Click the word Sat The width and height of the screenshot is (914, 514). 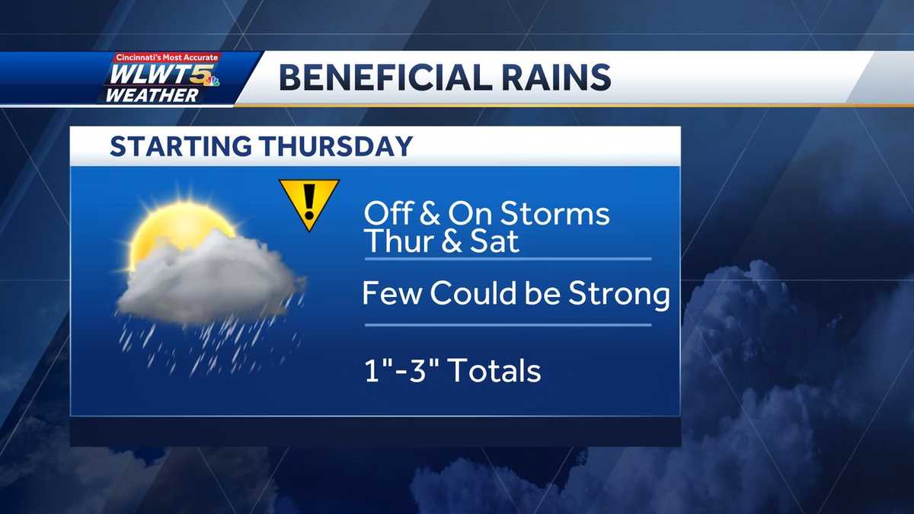495,241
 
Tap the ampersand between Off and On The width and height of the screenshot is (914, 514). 430,214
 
